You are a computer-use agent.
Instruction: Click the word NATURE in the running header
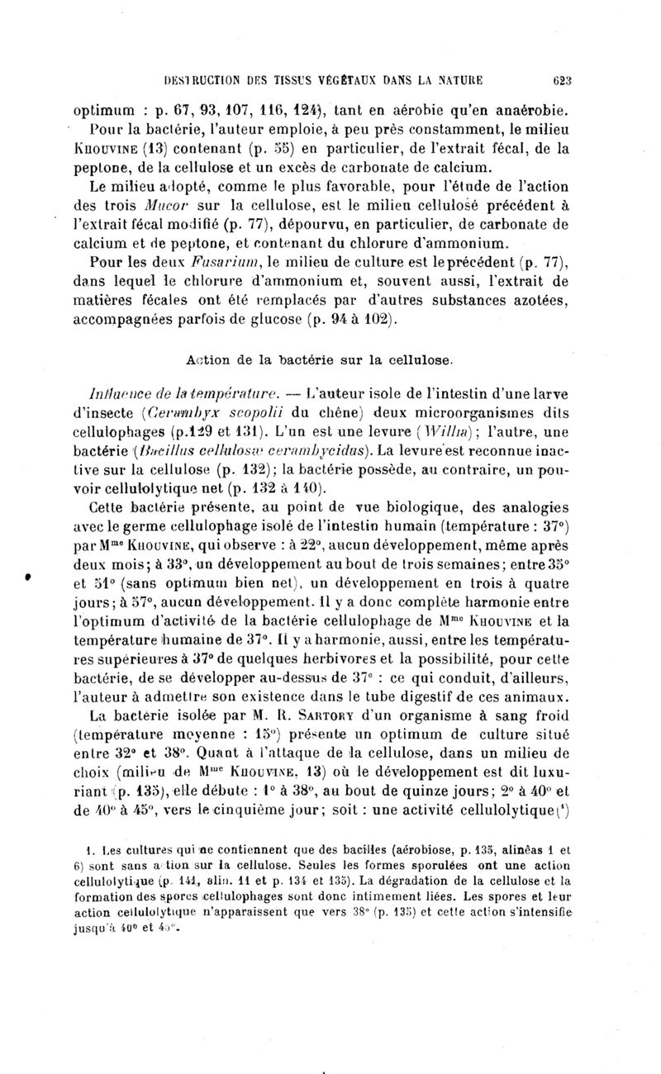coord(459,80)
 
